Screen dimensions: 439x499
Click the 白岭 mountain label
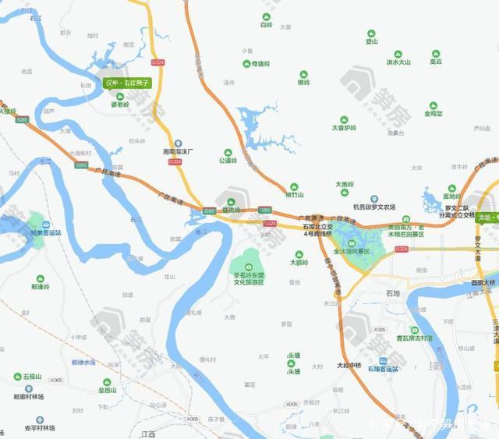(x=266, y=25)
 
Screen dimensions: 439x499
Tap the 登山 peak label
(x=372, y=41)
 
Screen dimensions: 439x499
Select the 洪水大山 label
(x=398, y=62)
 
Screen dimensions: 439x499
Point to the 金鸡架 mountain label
(x=434, y=113)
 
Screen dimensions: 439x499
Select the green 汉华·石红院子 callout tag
(x=126, y=82)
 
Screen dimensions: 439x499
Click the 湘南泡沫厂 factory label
(x=178, y=153)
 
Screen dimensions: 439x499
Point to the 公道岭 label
(x=228, y=161)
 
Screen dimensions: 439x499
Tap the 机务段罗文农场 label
(x=374, y=207)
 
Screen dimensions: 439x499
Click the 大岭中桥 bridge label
(x=349, y=364)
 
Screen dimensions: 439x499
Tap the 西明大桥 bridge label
(x=483, y=282)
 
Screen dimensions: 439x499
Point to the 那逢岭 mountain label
(x=40, y=286)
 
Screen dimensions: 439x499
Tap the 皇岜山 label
(x=107, y=390)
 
